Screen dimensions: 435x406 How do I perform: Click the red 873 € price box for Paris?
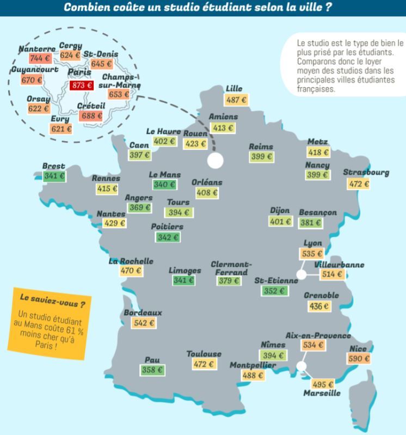coord(82,85)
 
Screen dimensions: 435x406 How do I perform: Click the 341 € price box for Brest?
coord(54,176)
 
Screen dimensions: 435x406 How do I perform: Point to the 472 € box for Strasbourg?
coord(359,183)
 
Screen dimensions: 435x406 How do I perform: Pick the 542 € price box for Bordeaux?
coord(144,323)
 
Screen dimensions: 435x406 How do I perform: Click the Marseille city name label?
coord(322,393)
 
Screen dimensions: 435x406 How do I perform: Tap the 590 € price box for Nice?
coord(359,359)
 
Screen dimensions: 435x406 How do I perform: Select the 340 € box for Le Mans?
coord(164,185)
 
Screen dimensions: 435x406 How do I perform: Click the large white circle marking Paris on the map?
coord(216,160)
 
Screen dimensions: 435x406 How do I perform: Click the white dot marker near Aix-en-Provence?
coord(301,366)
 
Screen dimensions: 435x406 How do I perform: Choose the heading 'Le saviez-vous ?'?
coord(47,299)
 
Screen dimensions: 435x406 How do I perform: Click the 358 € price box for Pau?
coord(152,370)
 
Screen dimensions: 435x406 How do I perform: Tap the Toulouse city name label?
coord(204,354)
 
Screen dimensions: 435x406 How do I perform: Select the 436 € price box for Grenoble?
coord(319,306)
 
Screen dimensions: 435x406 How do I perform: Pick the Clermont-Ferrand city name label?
coord(232,268)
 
